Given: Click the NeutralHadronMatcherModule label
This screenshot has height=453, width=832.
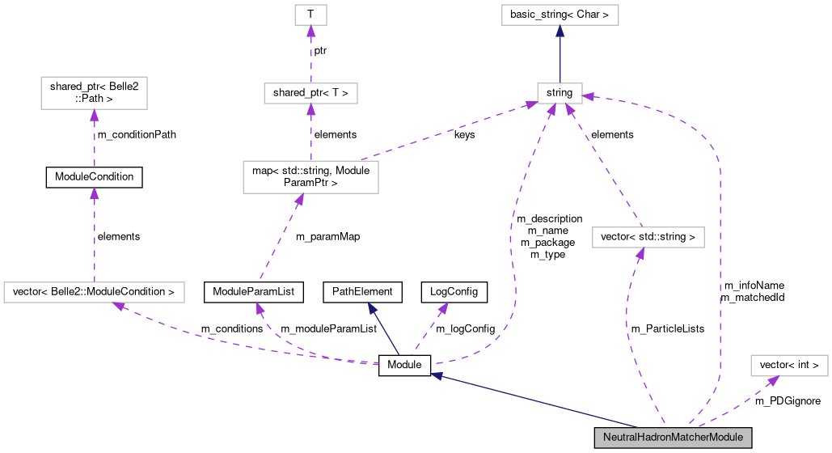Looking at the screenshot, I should [673, 438].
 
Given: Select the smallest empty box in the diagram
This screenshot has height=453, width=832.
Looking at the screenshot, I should [310, 15].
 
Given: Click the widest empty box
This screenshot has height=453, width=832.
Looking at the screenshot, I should [94, 292].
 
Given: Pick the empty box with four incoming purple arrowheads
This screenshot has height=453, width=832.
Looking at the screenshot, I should [560, 93].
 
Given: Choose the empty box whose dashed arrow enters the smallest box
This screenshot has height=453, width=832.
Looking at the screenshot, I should [310, 93].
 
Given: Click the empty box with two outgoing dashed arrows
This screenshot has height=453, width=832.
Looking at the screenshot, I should [310, 177].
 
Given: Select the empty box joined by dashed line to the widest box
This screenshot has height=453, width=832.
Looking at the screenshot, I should [94, 93].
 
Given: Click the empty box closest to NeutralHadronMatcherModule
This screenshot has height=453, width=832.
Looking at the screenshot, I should [789, 366].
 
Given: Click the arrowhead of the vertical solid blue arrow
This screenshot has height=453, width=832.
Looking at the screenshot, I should [560, 31].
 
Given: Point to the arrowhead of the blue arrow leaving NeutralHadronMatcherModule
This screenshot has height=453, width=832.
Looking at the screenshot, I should [436, 375].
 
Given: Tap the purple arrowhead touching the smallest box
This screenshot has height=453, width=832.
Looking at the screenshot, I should [310, 32].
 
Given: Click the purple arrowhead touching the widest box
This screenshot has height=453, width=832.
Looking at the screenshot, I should [118, 307].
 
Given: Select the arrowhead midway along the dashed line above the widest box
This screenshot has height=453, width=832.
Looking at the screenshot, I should [94, 193].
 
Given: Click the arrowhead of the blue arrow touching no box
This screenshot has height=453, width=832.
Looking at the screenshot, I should [372, 308].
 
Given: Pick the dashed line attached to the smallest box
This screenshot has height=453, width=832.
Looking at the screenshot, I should [310, 57].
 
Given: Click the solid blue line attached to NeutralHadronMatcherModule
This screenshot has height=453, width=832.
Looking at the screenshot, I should [534, 400].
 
